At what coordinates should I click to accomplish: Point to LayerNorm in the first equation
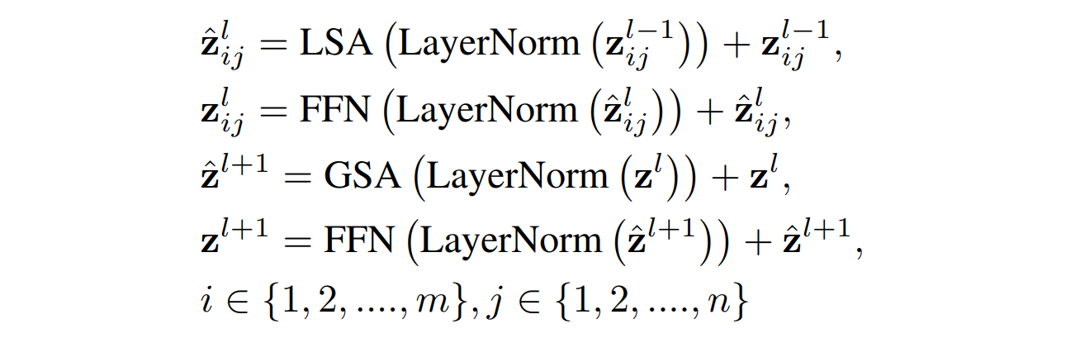click(x=488, y=45)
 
